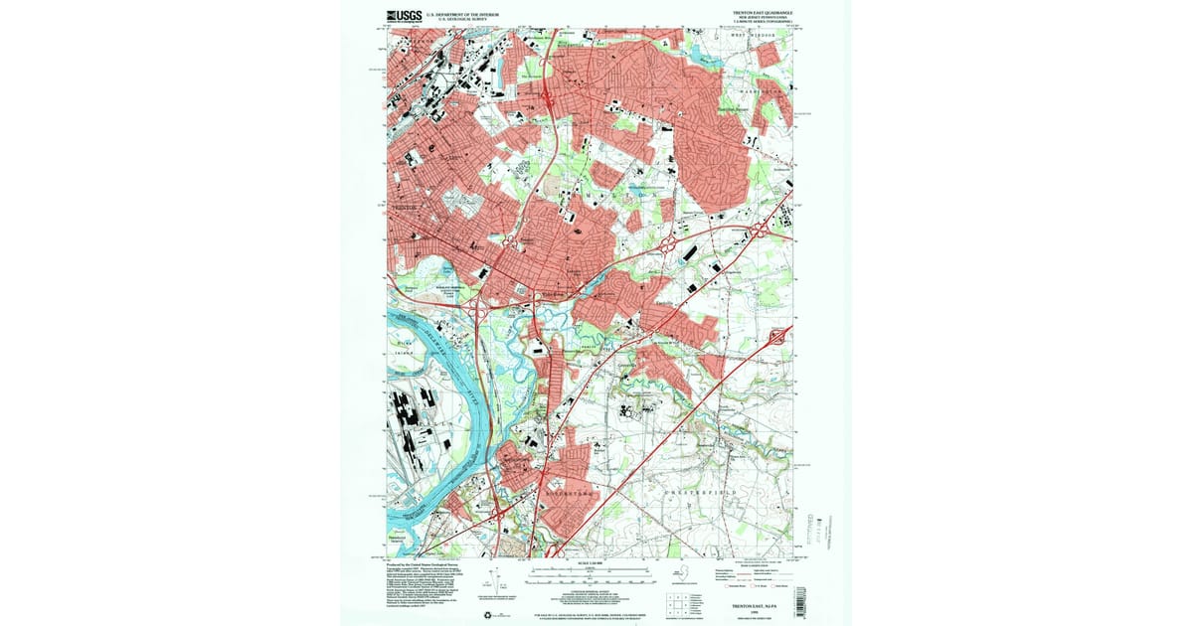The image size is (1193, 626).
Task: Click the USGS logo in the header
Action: (403, 15)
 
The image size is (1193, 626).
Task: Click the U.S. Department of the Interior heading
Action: (462, 14)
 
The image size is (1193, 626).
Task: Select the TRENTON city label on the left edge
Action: (403, 207)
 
